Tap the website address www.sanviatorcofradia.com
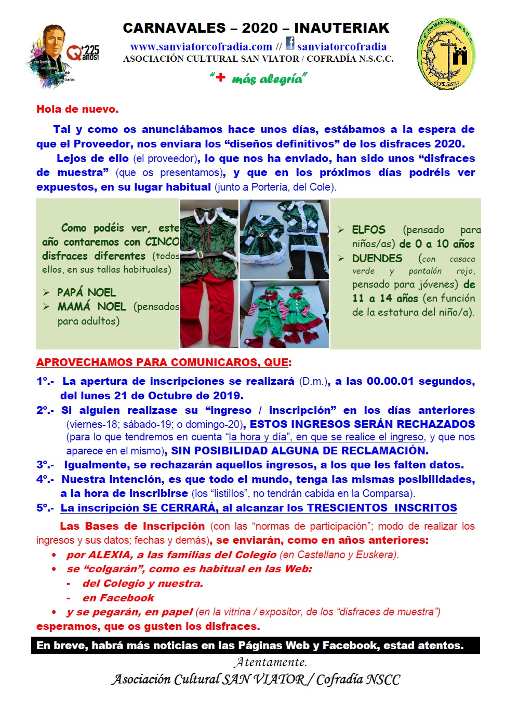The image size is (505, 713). click(x=201, y=47)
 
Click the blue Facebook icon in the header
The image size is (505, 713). click(x=290, y=44)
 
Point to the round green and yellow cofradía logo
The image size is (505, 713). click(x=446, y=54)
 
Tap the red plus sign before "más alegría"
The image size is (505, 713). click(x=220, y=77)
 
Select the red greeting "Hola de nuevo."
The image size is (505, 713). click(x=77, y=109)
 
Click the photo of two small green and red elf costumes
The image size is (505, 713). click(x=284, y=315)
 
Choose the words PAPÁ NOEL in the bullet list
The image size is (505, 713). click(x=86, y=292)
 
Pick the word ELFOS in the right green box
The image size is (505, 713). click(x=368, y=230)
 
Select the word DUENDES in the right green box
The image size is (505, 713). click(x=377, y=258)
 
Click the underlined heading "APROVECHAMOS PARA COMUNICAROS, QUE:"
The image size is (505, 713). click(x=164, y=362)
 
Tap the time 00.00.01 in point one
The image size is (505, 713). click(x=390, y=381)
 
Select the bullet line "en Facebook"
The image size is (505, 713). click(x=118, y=598)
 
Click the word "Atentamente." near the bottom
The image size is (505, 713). click(x=270, y=662)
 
